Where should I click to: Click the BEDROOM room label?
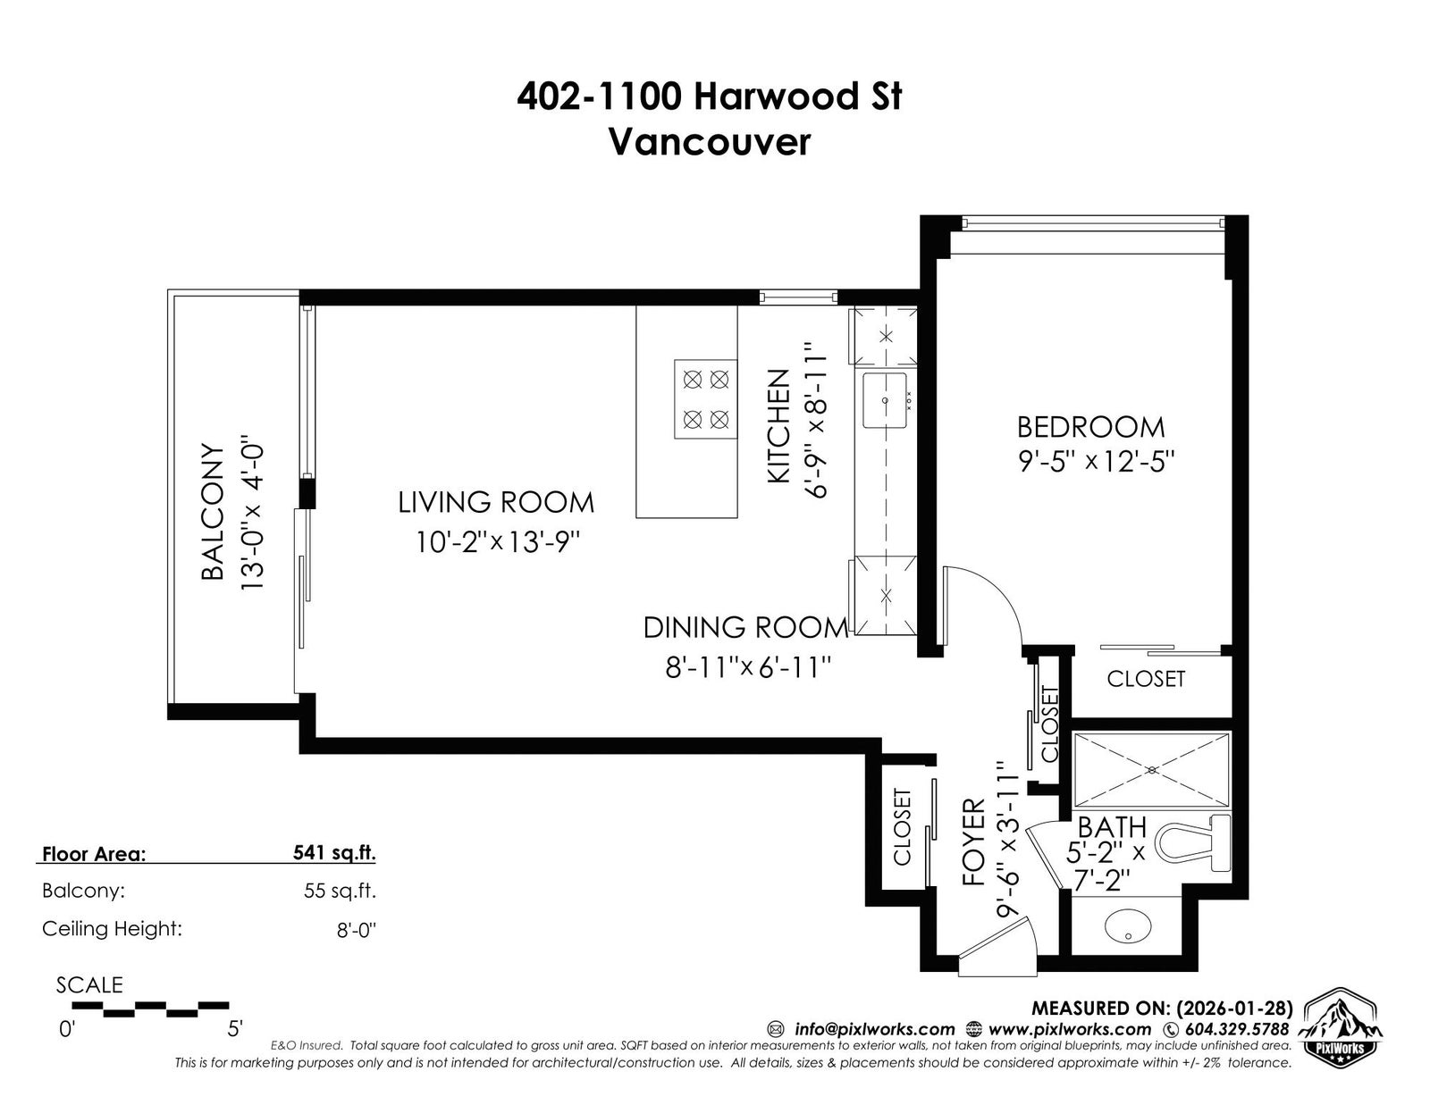pyautogui.click(x=1090, y=428)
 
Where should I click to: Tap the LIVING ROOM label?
pyautogui.click(x=495, y=503)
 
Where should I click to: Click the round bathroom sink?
pyautogui.click(x=1128, y=928)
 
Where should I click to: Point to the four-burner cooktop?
pyautogui.click(x=705, y=399)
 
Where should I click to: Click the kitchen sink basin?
pyautogui.click(x=885, y=400)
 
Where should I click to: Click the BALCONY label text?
pyautogui.click(x=214, y=513)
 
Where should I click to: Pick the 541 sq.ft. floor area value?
pyautogui.click(x=334, y=852)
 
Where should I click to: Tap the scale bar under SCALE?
pyautogui.click(x=150, y=1009)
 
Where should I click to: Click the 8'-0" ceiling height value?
pyautogui.click(x=356, y=930)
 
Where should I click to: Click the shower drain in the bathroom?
pyautogui.click(x=1152, y=769)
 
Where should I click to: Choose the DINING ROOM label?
pyautogui.click(x=746, y=627)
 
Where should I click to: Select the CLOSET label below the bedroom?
pyautogui.click(x=1146, y=679)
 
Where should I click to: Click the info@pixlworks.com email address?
pyautogui.click(x=874, y=1029)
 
